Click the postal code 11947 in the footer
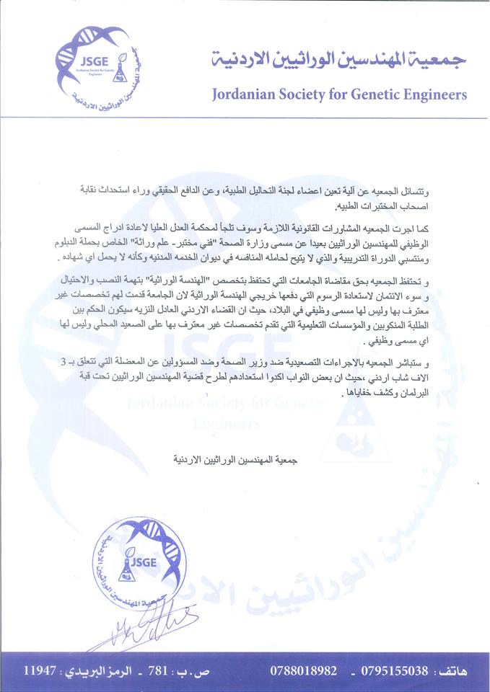(x=40, y=670)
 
